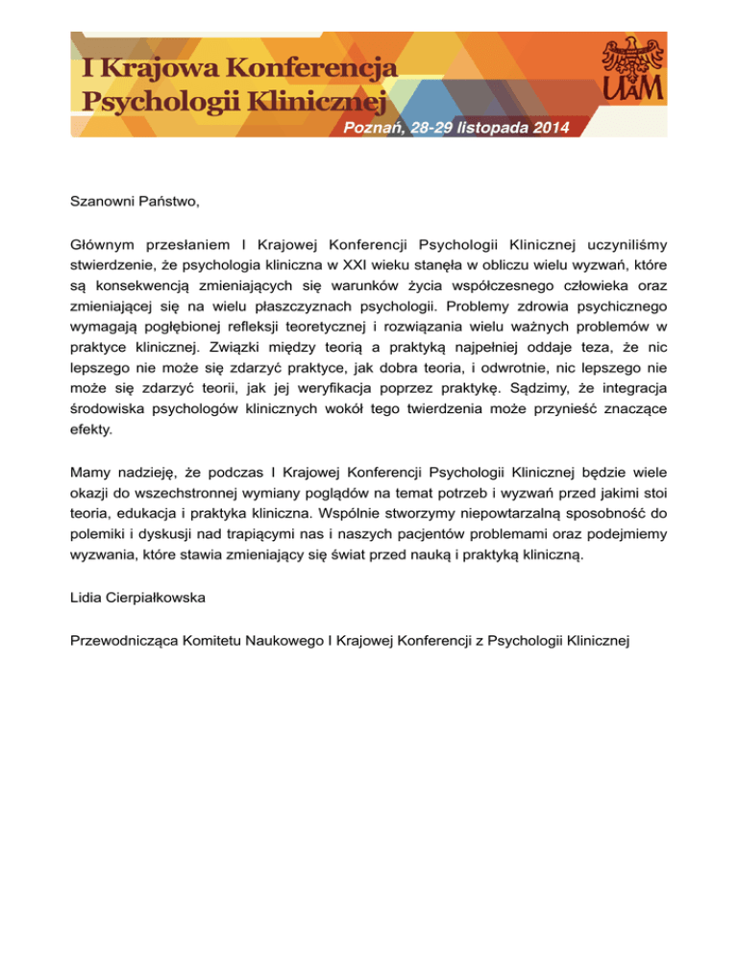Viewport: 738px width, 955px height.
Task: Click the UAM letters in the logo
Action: click(630, 89)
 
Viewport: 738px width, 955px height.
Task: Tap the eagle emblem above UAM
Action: click(630, 56)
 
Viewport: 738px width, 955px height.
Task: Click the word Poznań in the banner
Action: click(373, 128)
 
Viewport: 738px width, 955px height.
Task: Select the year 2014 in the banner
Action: click(547, 128)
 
